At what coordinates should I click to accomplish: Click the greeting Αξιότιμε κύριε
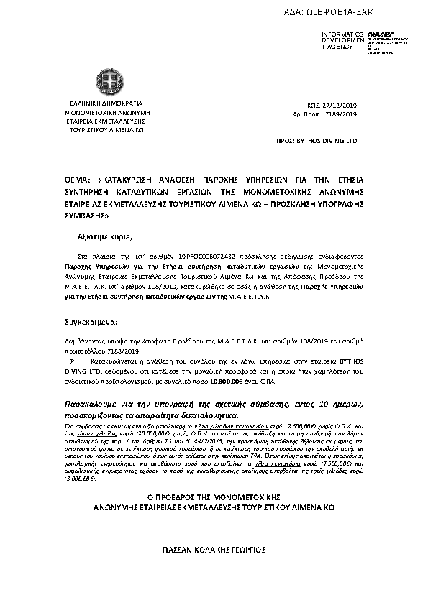pos(104,236)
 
